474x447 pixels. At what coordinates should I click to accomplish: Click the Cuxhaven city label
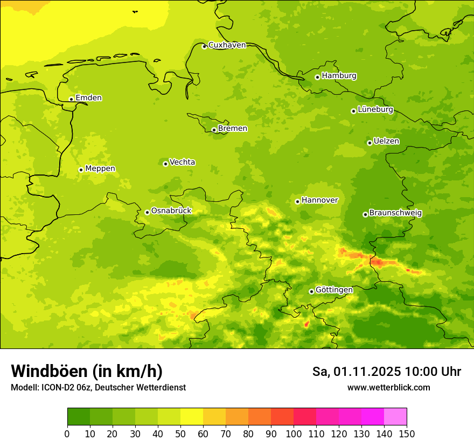[x=227, y=45]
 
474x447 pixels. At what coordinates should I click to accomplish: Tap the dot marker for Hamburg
[x=318, y=77]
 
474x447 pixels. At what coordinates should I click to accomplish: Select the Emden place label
[x=88, y=98]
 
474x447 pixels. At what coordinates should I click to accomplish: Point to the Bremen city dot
[x=214, y=130]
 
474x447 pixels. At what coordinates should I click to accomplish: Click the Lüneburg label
[x=375, y=109]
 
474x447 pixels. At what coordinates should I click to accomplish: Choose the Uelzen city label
[x=386, y=141]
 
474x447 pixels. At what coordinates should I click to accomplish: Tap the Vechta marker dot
[x=165, y=164]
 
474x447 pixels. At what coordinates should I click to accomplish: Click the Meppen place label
[x=100, y=169]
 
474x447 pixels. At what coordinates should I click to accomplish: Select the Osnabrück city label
[x=171, y=211]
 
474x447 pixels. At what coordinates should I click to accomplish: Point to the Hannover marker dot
[x=297, y=201]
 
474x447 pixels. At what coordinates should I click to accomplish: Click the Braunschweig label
[x=395, y=213]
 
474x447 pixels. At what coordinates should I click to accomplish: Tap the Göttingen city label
[x=334, y=290]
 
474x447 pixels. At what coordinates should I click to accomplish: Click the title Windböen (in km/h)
[x=87, y=371]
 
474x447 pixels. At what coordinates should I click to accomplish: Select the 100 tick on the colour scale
[x=294, y=434]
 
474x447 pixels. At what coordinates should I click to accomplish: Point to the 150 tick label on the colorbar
[x=407, y=434]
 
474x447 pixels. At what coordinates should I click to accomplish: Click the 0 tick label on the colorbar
[x=67, y=434]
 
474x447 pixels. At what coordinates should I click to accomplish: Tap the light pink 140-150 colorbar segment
[x=395, y=417]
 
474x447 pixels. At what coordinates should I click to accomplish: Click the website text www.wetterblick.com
[x=388, y=388]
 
